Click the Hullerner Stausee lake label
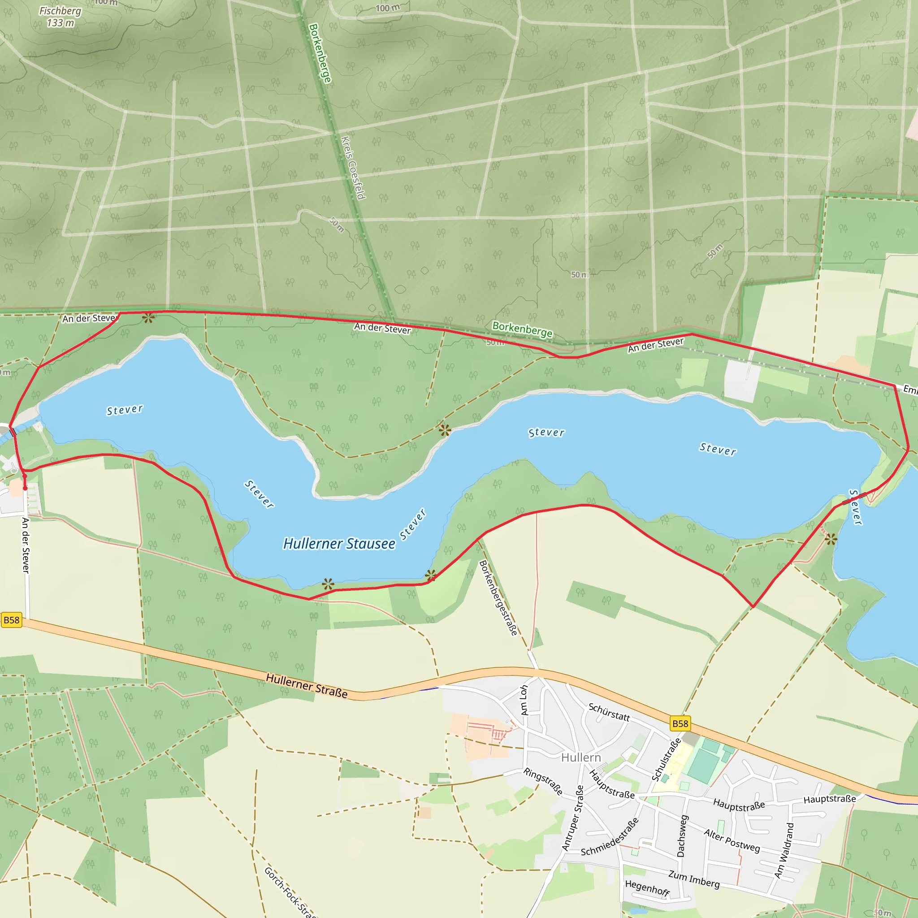[339, 544]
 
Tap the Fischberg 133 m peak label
[61, 17]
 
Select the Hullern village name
[580, 758]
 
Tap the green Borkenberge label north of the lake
[522, 329]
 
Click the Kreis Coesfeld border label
[354, 168]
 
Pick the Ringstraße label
[543, 781]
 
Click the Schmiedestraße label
[610, 837]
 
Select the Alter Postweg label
[732, 840]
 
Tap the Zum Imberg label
[694, 879]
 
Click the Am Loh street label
[524, 700]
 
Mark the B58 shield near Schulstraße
[680, 723]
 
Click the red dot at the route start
[25, 488]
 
